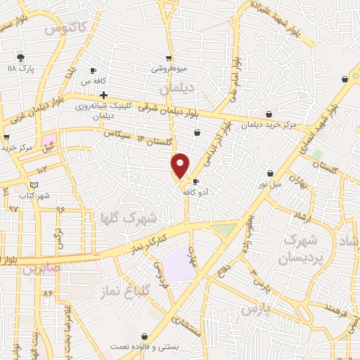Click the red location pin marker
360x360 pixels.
181,165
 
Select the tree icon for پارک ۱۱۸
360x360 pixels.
20,57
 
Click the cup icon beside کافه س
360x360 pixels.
93,71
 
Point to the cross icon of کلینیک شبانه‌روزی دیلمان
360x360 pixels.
103,94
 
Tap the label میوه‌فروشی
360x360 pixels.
169,69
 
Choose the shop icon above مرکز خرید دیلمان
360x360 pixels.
269,115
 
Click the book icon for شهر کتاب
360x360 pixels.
25,185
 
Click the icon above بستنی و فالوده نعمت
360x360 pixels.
145,337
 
